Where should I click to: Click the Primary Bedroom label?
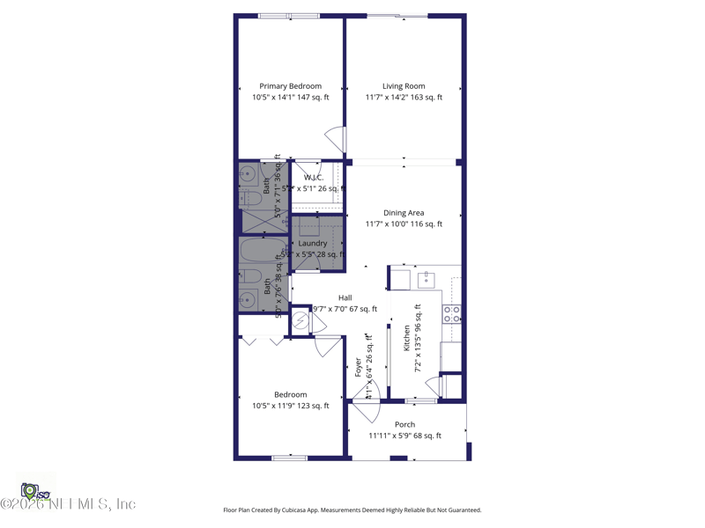coord(290,86)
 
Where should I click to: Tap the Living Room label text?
coord(404,86)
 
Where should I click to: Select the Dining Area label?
coord(404,213)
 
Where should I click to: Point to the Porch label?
coord(404,424)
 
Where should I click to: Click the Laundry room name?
coord(313,243)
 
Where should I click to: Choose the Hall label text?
coord(345,297)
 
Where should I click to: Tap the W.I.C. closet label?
coord(314,178)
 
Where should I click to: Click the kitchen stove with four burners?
coord(451,313)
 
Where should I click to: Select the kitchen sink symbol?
coord(426,280)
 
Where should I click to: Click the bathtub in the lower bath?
coord(263,250)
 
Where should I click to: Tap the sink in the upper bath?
coord(248,173)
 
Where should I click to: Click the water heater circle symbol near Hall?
coord(301,322)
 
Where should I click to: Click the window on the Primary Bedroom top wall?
coord(289,16)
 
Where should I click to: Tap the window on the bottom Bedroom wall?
coord(289,458)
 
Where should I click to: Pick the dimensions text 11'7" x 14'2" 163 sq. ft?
coord(404,98)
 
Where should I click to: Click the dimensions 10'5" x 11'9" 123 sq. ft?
coord(290,406)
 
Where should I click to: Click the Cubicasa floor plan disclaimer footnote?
coord(352,510)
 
